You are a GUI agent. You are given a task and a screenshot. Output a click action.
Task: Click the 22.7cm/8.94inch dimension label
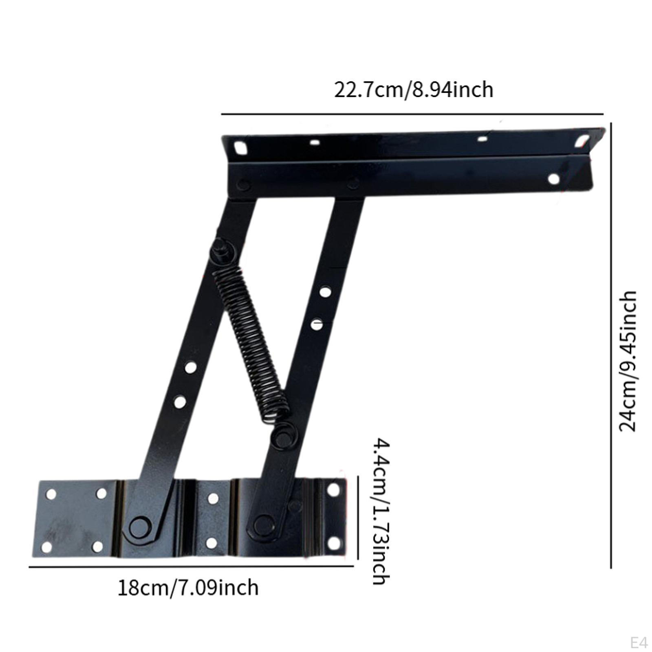[414, 90]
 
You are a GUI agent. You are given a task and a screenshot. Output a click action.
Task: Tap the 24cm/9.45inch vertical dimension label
[628, 361]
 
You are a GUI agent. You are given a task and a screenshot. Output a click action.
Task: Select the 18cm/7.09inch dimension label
[188, 588]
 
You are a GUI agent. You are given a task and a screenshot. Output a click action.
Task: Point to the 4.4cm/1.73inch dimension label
[381, 512]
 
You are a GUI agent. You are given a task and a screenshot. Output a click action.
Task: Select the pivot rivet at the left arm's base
[139, 527]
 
